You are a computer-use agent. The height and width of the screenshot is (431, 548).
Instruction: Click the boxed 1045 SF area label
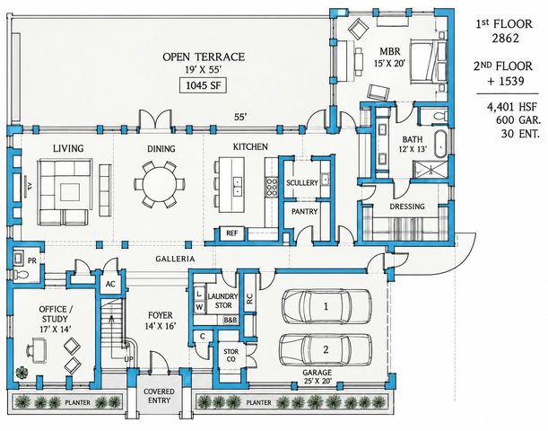click(203, 85)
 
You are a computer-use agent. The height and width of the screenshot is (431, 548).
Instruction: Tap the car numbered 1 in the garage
click(326, 306)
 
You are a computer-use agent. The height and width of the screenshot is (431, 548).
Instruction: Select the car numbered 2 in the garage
click(326, 350)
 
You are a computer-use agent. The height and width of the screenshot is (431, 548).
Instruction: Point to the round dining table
click(160, 184)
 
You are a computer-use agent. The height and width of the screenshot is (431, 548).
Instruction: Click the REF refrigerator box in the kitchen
click(231, 233)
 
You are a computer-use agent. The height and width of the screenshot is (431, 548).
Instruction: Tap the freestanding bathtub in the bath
click(441, 145)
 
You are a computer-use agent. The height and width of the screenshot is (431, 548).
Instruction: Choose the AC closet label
click(110, 284)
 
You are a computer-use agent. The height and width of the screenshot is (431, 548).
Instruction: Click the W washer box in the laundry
click(199, 307)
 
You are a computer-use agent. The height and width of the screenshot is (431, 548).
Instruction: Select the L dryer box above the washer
click(199, 295)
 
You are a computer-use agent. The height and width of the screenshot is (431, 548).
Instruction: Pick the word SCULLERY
click(302, 182)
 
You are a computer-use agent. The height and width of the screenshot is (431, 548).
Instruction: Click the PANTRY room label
click(304, 212)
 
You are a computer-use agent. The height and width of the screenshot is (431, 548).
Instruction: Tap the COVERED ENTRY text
click(159, 396)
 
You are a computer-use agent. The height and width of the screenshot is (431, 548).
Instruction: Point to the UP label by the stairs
click(128, 359)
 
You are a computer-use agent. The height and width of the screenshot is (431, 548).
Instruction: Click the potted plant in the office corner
click(22, 373)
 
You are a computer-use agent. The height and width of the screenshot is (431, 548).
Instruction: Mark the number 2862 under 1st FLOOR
click(505, 38)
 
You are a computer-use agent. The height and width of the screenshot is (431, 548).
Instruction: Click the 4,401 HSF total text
click(511, 107)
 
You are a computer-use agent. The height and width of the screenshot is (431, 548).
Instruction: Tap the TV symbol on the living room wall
click(29, 187)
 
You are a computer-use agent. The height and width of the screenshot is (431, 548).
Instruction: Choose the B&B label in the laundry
click(231, 320)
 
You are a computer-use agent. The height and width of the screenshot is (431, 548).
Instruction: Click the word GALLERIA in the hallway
click(175, 259)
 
